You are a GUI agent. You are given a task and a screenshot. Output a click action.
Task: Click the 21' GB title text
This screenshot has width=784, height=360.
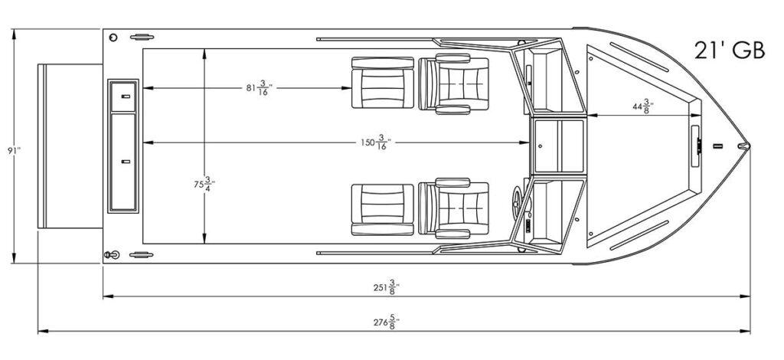click(730, 50)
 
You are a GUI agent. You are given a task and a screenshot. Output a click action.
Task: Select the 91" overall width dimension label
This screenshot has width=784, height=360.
click(14, 150)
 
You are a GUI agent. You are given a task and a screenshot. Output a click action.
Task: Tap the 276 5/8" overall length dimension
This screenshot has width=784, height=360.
click(387, 322)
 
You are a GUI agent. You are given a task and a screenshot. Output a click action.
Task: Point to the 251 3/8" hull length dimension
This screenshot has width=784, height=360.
click(387, 287)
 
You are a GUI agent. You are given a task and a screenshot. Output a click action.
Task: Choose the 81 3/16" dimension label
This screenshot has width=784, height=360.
click(260, 88)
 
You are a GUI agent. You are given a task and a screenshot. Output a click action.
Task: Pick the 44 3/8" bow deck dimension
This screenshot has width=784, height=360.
click(643, 107)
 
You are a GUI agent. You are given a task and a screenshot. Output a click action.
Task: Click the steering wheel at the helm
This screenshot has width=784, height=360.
click(518, 201)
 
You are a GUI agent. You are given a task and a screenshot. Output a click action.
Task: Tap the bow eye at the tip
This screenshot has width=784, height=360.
click(744, 146)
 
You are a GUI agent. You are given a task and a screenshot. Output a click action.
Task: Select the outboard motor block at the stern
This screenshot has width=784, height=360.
click(70, 146)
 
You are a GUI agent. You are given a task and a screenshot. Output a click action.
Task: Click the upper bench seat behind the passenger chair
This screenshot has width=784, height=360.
click(383, 83)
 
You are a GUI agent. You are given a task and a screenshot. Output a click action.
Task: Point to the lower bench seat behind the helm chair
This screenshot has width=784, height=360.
click(383, 210)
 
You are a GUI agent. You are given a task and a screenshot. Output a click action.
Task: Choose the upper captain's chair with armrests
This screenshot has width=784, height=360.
click(453, 83)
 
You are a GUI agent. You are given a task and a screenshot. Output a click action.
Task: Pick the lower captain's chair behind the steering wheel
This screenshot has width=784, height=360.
click(453, 208)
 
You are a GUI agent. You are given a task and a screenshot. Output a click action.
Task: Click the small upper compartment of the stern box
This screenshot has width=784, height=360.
click(123, 97)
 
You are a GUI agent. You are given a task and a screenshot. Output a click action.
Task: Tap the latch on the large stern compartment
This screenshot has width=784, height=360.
click(126, 162)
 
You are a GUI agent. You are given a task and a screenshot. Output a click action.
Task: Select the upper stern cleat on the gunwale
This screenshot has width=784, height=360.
click(142, 37)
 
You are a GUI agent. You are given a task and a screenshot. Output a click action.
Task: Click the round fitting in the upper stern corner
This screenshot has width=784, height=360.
click(113, 38)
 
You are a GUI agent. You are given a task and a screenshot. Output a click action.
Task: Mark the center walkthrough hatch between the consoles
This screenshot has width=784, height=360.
click(558, 146)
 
